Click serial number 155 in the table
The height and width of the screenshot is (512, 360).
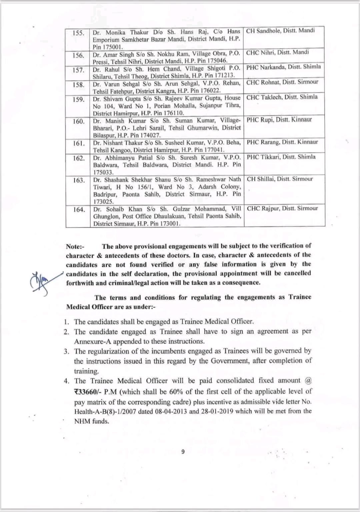78,34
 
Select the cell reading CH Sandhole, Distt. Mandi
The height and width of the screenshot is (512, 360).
280,31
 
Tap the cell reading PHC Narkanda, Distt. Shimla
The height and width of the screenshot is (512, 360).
284,67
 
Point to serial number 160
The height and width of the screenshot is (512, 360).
79,121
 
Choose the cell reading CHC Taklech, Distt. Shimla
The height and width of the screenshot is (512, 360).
282,97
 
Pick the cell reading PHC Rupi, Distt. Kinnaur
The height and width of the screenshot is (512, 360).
279,120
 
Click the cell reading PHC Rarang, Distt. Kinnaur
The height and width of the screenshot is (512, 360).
282,142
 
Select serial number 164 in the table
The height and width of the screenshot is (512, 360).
79,210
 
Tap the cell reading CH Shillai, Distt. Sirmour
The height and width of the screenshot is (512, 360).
280,179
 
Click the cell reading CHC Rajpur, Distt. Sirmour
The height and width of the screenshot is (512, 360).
282,208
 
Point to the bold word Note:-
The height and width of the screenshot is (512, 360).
75,247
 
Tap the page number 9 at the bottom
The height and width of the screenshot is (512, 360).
183,452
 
